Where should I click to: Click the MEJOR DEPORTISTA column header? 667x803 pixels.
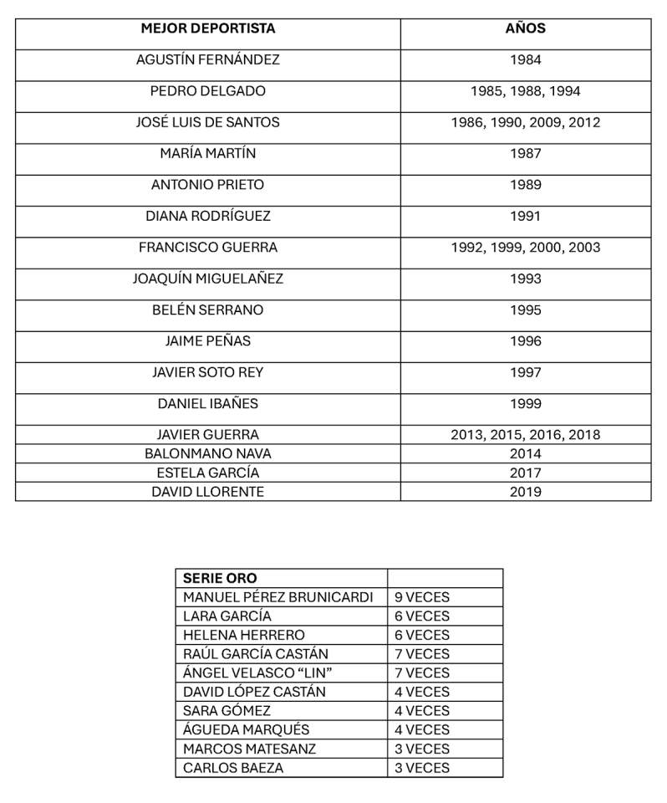(x=207, y=28)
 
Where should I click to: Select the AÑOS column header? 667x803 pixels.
(x=525, y=28)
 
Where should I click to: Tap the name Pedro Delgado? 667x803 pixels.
(x=207, y=91)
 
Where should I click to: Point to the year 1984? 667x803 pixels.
(x=525, y=60)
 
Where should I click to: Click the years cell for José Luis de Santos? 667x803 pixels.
(x=525, y=122)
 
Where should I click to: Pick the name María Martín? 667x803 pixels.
(x=207, y=154)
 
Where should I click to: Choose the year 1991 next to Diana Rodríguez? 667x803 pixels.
(x=525, y=216)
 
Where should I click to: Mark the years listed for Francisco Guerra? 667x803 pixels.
(x=525, y=248)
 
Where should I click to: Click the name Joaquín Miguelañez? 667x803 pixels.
(x=207, y=279)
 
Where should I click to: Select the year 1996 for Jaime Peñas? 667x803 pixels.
(x=525, y=341)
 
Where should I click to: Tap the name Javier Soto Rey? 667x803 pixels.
(x=207, y=372)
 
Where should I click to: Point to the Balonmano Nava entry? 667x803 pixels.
(x=207, y=453)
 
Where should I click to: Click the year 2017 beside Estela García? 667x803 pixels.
(x=525, y=473)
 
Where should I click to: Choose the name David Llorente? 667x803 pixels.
(x=207, y=492)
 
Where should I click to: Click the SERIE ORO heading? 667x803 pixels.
(x=220, y=578)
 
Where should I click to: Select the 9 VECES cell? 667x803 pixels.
(x=421, y=597)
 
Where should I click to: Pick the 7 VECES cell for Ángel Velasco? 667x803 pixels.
(x=421, y=673)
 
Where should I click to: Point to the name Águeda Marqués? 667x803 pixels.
(x=246, y=729)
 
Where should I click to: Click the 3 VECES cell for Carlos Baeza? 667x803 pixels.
(x=421, y=768)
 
